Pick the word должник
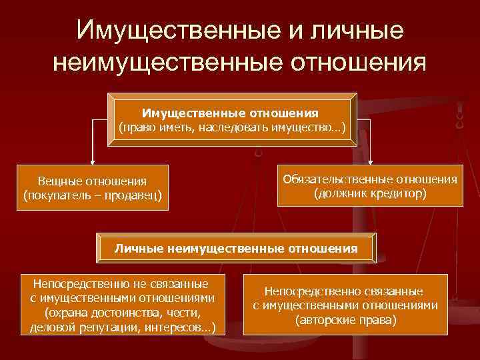pyautogui.click(x=343, y=194)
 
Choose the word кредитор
pyautogui.click(x=398, y=194)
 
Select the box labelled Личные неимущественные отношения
pyautogui.click(x=236, y=249)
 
